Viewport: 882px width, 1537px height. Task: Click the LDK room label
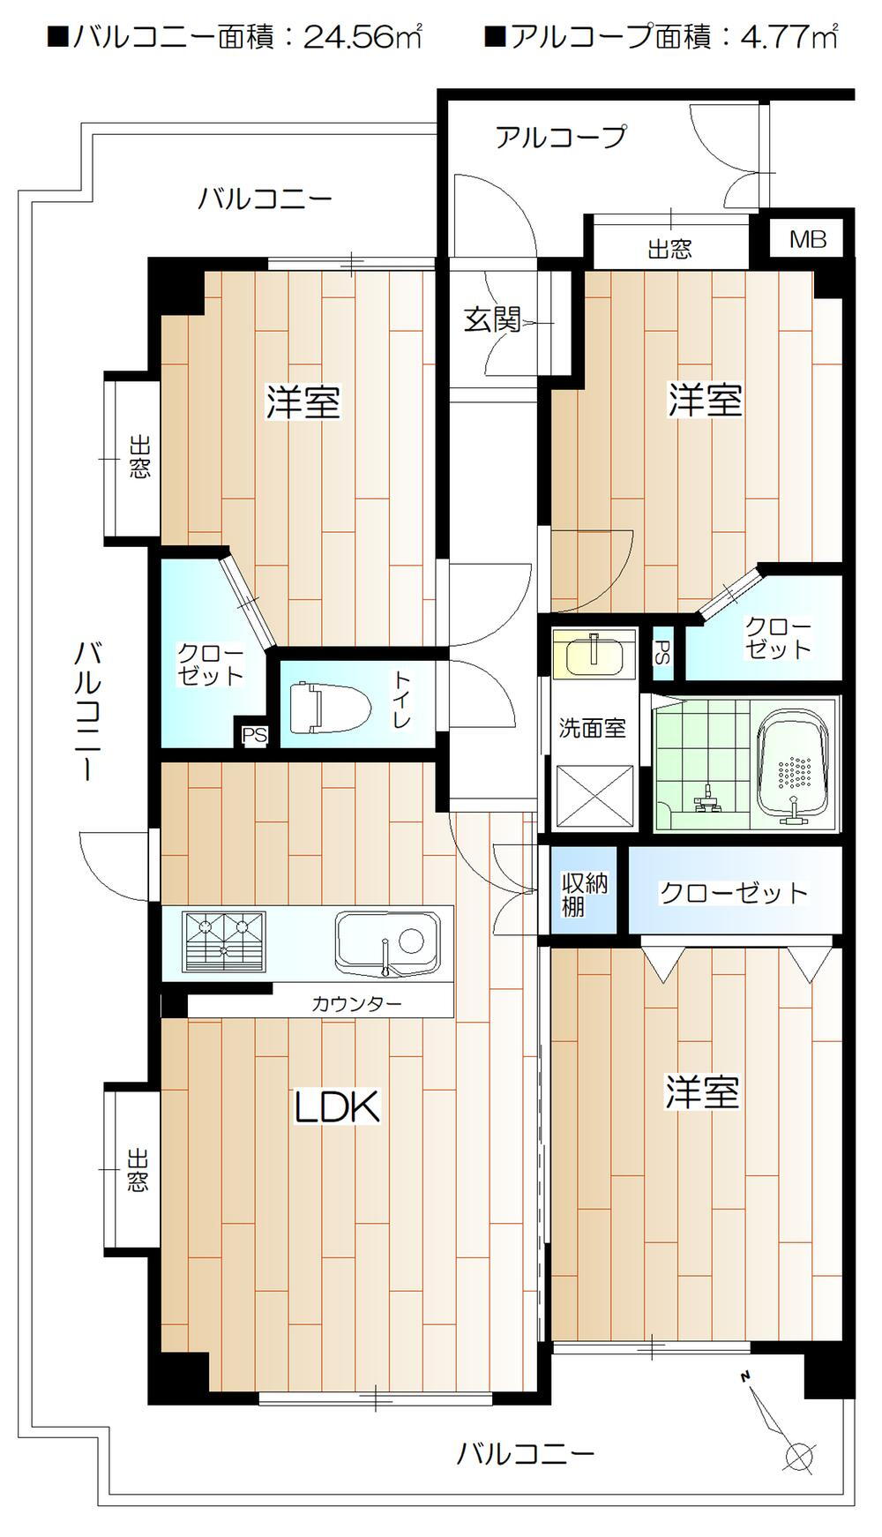coord(337,1106)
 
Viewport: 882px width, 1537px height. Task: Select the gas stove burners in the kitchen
coord(224,941)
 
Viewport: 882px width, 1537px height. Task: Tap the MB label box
coord(808,238)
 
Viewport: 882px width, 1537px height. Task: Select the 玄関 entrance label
coord(492,319)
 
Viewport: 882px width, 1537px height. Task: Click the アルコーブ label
coord(560,137)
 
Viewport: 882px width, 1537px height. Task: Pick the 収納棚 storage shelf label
coord(585,894)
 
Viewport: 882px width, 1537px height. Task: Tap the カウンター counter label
coord(356,1003)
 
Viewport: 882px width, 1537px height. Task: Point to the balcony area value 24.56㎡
coord(363,37)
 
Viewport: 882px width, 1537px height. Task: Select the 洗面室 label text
coord(592,728)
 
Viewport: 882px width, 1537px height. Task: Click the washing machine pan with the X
coord(594,796)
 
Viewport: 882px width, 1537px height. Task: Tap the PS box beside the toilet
coord(254,734)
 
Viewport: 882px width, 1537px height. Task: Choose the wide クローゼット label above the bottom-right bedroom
coord(734,893)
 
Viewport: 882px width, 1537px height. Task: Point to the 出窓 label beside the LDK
coord(138,1170)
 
